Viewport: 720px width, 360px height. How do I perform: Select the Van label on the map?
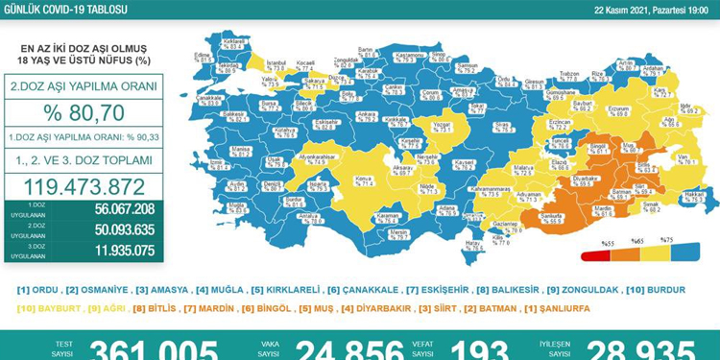[x=684, y=160]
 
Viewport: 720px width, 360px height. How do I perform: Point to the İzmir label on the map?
[x=219, y=164]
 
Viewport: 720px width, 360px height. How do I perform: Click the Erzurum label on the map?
[x=618, y=110]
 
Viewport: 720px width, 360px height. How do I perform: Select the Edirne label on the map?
[x=203, y=56]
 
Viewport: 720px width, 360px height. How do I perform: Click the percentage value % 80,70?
[x=84, y=113]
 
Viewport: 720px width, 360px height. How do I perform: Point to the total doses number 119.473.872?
[x=84, y=186]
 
